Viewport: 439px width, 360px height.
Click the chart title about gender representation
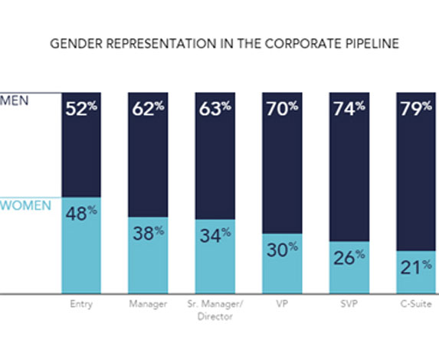[x=224, y=43]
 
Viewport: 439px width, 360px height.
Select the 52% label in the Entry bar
[x=81, y=109]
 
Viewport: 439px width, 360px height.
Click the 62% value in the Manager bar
[x=149, y=109]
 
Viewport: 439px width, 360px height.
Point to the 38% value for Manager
[x=149, y=233]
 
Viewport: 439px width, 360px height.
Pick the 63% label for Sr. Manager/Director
[x=215, y=109]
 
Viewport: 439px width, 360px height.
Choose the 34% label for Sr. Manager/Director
[x=215, y=237]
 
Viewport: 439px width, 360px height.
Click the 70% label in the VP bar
[x=283, y=109]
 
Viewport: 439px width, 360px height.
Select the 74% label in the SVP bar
[x=349, y=109]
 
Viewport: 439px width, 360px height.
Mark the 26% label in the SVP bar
[x=349, y=257]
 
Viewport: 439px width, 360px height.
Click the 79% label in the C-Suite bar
[x=415, y=109]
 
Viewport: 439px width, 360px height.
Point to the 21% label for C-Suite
[x=415, y=266]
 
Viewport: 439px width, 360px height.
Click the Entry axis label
[x=81, y=305]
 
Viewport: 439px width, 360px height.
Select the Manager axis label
[x=149, y=305]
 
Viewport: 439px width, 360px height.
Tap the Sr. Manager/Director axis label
[x=215, y=309]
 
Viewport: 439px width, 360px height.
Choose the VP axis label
[x=283, y=305]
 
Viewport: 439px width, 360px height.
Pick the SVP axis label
[x=349, y=305]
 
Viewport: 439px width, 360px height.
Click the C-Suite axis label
[x=415, y=305]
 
